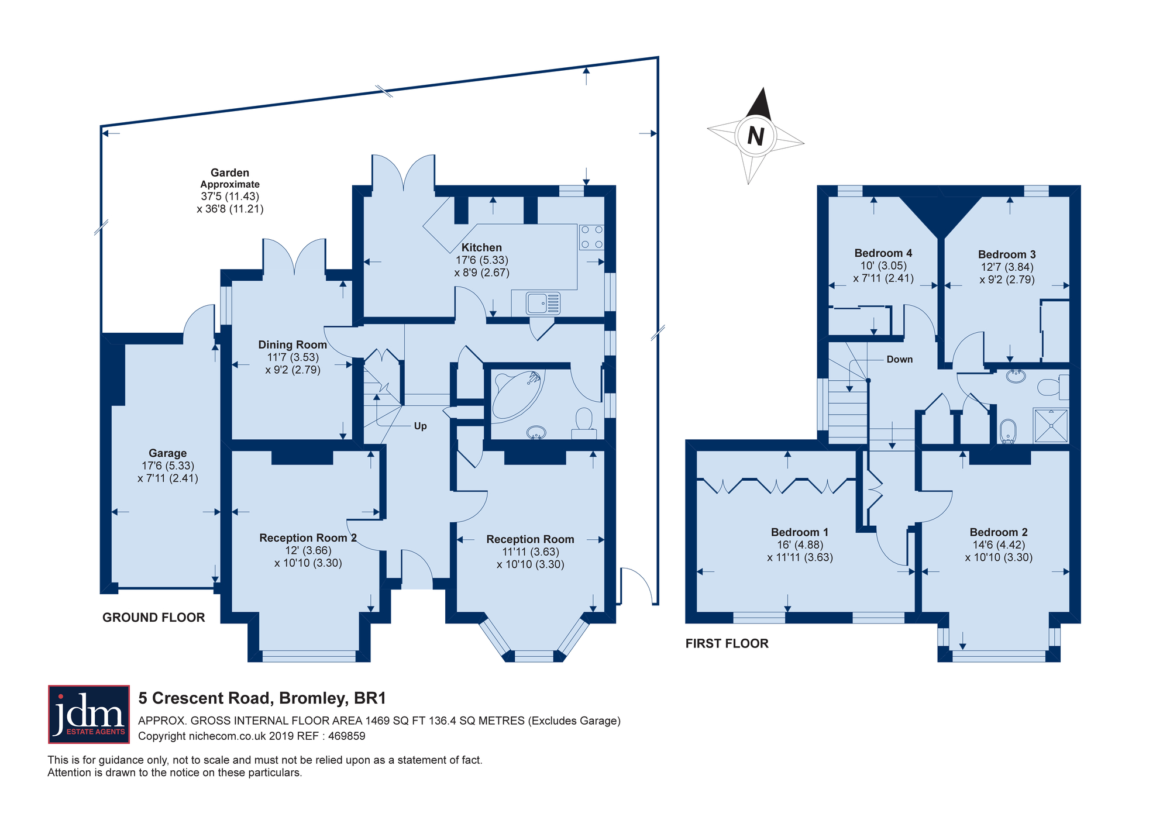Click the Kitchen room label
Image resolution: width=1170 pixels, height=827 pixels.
coord(481,247)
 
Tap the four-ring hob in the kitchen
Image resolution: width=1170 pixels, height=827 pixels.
coord(591,237)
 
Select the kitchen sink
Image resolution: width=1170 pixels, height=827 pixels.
coord(543,304)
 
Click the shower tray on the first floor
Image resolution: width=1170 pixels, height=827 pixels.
coord(1051,425)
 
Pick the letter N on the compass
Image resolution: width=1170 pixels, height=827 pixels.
coord(756,136)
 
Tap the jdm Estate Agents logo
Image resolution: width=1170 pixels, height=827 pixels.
coord(89,714)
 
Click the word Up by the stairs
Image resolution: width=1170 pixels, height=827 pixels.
coord(420,426)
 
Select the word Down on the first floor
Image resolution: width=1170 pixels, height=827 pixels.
coord(899,359)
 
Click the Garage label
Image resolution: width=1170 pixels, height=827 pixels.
coord(168,453)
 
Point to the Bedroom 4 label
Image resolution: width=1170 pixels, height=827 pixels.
coord(883,253)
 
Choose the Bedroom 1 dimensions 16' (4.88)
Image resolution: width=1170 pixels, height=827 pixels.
coord(800,545)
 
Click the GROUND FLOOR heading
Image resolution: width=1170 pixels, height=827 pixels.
coord(154,618)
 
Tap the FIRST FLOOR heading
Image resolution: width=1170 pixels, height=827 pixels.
coord(727,643)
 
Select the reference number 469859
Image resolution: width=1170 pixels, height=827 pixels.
coord(347,736)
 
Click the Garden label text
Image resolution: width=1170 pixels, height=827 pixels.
coord(230,173)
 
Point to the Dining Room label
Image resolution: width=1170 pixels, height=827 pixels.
coord(292,345)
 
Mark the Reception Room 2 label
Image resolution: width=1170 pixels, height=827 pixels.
coord(308,537)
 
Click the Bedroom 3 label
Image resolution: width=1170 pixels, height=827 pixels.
coord(1007,254)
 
